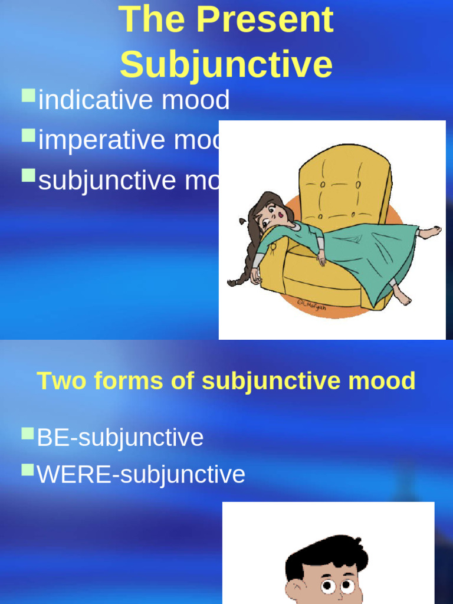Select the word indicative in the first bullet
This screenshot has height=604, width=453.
96,100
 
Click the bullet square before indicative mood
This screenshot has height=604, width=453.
28,96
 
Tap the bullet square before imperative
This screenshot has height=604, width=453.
28,136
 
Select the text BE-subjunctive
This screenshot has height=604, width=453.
120,438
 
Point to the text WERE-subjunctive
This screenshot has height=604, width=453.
141,474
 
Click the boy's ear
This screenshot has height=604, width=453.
293,590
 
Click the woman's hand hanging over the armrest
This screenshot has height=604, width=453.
255,275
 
